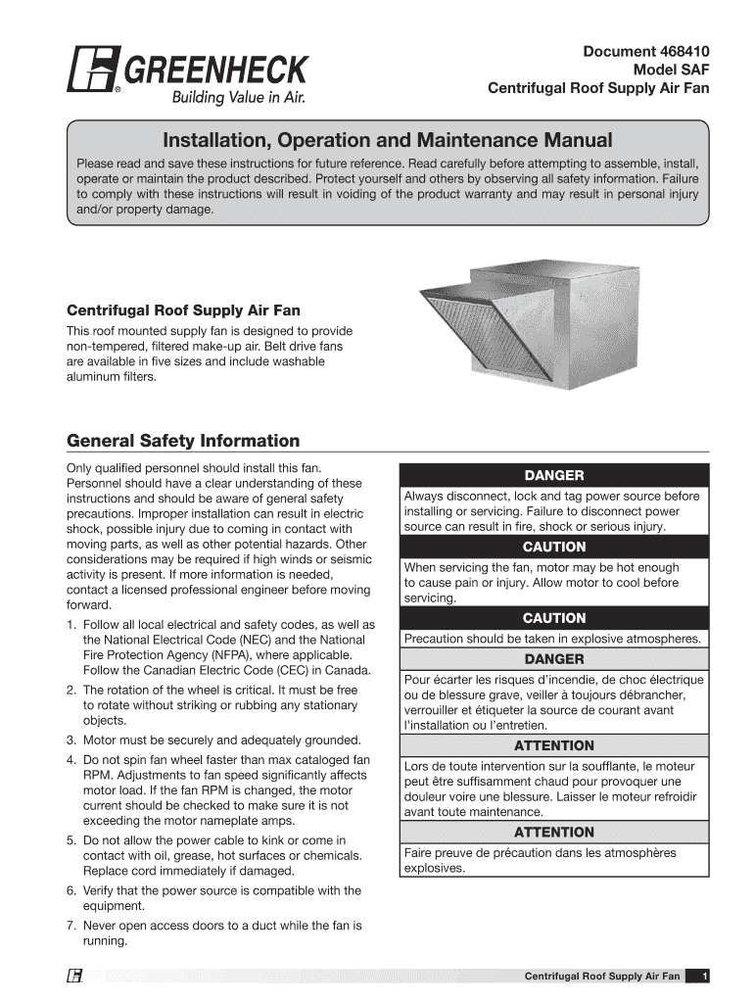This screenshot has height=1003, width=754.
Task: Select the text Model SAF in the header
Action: coord(672,70)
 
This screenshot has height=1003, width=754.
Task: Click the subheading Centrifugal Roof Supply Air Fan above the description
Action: coord(183,311)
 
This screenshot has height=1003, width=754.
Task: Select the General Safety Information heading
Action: coord(183,441)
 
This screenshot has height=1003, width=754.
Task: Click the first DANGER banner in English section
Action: coord(554,475)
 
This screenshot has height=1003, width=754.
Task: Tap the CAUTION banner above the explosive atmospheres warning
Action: coord(554,618)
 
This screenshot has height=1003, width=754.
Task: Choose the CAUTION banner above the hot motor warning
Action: coord(554,547)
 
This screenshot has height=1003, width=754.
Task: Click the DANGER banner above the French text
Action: coord(554,659)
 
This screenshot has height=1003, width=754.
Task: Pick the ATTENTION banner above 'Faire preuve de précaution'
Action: coord(554,832)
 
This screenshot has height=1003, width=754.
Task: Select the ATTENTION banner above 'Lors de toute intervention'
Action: coord(554,745)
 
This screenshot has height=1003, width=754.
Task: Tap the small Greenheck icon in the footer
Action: coord(73,976)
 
